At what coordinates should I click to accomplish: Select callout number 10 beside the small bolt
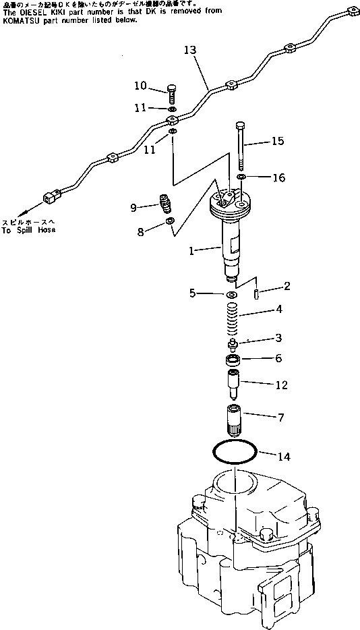(x=140, y=86)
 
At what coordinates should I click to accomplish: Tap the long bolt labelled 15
(x=240, y=145)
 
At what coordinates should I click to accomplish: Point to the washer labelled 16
(x=241, y=177)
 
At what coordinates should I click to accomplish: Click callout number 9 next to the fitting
(x=133, y=208)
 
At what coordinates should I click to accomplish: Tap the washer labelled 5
(x=231, y=295)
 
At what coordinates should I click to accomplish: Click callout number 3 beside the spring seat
(x=278, y=337)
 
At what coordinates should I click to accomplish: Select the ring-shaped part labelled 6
(x=233, y=360)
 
